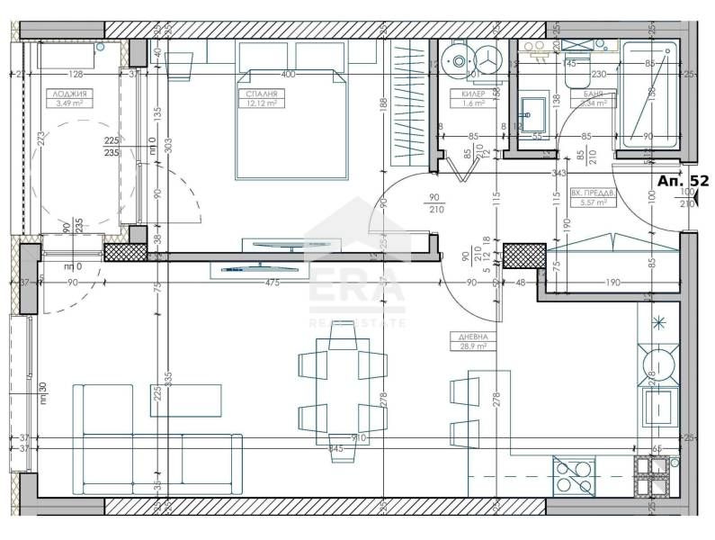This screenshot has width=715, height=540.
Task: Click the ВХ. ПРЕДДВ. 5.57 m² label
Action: click(x=593, y=197)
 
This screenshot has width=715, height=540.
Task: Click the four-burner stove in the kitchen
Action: click(x=574, y=475)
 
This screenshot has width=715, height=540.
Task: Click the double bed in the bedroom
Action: click(x=291, y=121)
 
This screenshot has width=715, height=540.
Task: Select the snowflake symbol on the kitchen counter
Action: click(x=659, y=321)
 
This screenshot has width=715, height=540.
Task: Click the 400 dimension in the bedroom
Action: click(x=288, y=74)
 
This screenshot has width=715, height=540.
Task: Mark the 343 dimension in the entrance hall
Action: click(x=558, y=173)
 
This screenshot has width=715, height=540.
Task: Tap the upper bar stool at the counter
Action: click(x=463, y=389)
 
